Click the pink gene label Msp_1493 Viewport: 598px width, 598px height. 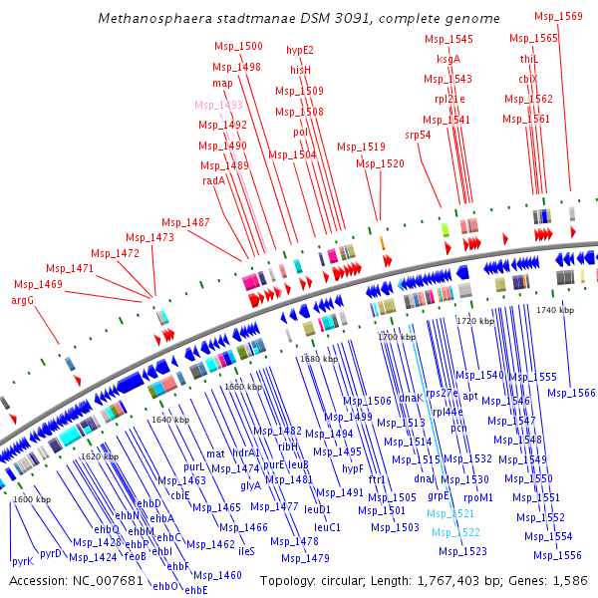pos(218,105)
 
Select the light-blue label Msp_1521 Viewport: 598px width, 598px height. pos(450,513)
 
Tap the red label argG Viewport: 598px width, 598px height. pos(23,300)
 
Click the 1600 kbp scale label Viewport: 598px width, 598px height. pos(32,499)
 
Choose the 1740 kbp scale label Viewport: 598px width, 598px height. pos(555,311)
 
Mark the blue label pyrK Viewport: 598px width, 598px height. pos(22,561)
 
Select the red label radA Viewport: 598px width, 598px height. pos(213,180)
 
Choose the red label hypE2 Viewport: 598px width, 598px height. pos(300,50)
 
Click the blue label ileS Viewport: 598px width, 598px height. pos(246,550)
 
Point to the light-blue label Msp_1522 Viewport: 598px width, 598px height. pos(456,533)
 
